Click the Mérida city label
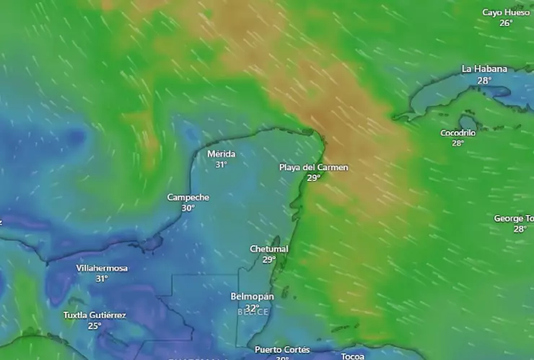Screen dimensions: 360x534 pyautogui.click(x=221, y=154)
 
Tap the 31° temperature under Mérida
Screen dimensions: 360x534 pyautogui.click(x=221, y=164)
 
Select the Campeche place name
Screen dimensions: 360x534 pyautogui.click(x=188, y=198)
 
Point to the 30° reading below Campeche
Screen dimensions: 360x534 pyautogui.click(x=188, y=208)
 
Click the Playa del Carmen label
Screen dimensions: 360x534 pyautogui.click(x=313, y=167)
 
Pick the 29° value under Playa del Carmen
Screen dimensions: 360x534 pyautogui.click(x=313, y=177)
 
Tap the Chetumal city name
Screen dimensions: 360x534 pyautogui.click(x=269, y=249)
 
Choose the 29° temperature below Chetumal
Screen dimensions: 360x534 pyautogui.click(x=269, y=260)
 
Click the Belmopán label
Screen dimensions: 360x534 pyautogui.click(x=252, y=297)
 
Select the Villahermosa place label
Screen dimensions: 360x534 pyautogui.click(x=102, y=268)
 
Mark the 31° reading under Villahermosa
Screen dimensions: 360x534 pyautogui.click(x=102, y=278)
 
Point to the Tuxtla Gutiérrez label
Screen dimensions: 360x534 pyautogui.click(x=95, y=315)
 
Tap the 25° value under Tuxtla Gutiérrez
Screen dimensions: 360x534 pyautogui.click(x=95, y=325)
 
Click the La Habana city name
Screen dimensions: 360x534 pyautogui.click(x=484, y=69)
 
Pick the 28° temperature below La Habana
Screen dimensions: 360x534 pyautogui.click(x=484, y=80)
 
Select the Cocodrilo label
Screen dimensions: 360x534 pyautogui.click(x=458, y=133)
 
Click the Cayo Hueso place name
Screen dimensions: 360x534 pyautogui.click(x=506, y=12)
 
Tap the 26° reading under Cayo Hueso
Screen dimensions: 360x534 pyautogui.click(x=506, y=22)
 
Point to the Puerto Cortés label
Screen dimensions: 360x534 pyautogui.click(x=282, y=350)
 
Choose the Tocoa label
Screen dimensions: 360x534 pyautogui.click(x=353, y=356)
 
